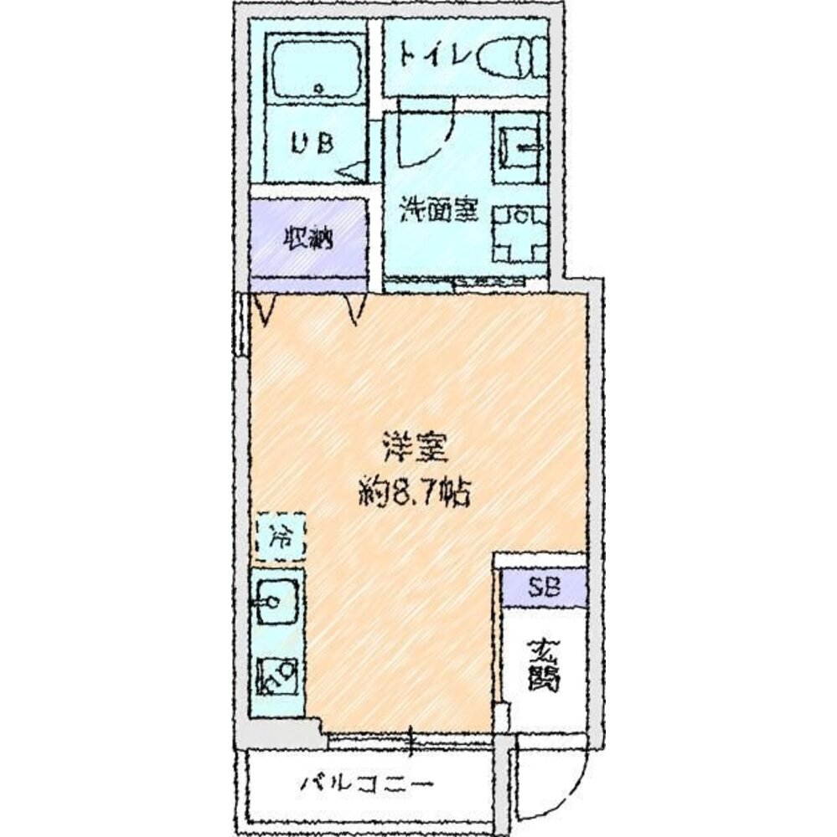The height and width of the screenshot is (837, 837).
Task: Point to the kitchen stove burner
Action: pyautogui.click(x=278, y=675)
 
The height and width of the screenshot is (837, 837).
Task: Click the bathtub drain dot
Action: pyautogui.click(x=318, y=88)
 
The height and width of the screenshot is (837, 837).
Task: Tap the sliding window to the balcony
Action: pyautogui.click(x=411, y=737)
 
